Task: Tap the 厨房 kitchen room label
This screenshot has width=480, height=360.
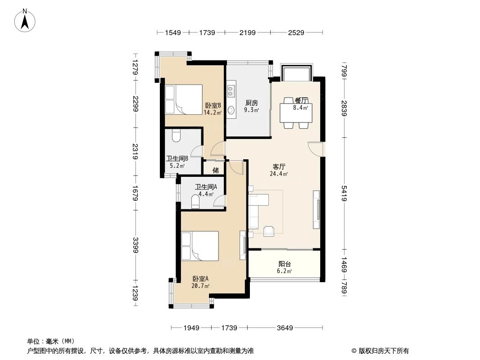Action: [251, 102]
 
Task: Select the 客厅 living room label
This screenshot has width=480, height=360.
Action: [279, 166]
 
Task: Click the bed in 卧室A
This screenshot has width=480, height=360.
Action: [199, 246]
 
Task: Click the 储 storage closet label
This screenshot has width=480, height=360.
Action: [216, 170]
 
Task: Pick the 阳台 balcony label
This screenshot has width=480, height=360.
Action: [285, 264]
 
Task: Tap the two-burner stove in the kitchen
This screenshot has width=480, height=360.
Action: [231, 91]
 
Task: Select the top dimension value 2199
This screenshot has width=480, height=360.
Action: [247, 32]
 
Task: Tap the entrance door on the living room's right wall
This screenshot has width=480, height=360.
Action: [316, 148]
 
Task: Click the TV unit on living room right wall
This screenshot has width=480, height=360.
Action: [317, 209]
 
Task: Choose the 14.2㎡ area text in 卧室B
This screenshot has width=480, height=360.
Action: [212, 112]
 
